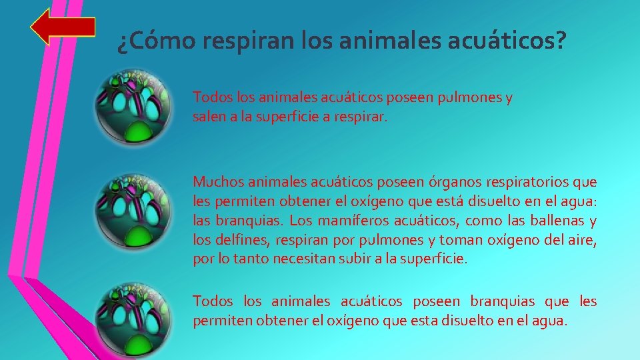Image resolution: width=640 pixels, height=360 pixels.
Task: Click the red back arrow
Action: tap(63, 27)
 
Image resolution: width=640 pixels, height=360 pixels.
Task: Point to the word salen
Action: tap(208, 117)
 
